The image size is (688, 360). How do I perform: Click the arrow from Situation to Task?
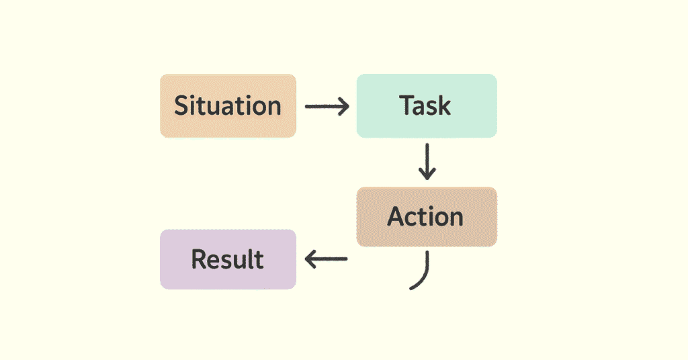coord(327,106)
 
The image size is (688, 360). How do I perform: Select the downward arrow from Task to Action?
coord(427,161)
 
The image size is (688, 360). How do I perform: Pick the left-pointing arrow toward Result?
coord(327,259)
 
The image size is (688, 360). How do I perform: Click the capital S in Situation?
coord(181,106)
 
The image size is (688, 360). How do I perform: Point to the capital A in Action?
coord(396,216)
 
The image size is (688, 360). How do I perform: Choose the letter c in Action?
coord(415,218)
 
